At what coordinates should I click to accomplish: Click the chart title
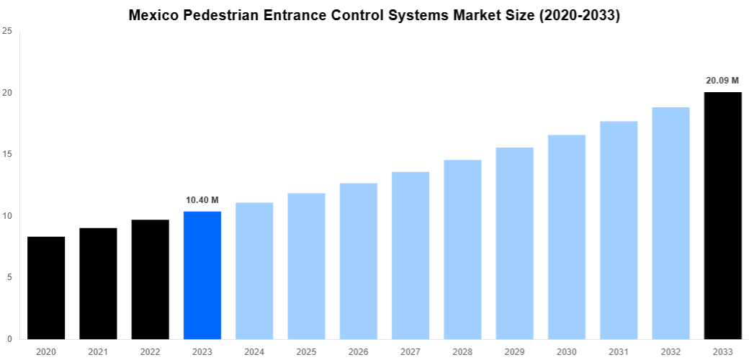point(374,15)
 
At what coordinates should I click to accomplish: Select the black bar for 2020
point(46,287)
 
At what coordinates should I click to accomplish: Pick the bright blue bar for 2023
point(202,275)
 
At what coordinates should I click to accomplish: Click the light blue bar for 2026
point(359,261)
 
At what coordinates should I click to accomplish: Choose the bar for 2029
point(514,243)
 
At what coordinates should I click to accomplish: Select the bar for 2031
point(619,230)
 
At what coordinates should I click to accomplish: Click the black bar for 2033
point(722,215)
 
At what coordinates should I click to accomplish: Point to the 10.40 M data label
point(202,199)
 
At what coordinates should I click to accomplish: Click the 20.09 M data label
point(722,81)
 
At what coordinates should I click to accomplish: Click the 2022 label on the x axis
point(150,351)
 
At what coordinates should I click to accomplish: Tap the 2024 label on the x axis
point(254,351)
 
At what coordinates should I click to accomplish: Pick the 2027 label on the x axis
point(411,351)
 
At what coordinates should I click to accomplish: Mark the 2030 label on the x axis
point(566,351)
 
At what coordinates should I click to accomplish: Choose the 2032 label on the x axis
point(670,351)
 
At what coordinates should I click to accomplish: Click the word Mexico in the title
point(154,15)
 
